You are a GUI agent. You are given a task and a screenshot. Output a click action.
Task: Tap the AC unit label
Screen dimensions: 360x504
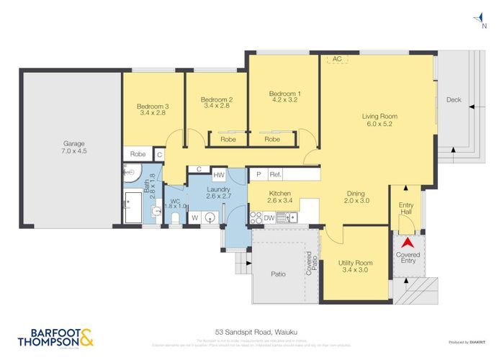pyautogui.click(x=336, y=59)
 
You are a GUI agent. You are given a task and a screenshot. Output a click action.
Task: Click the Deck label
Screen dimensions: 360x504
pyautogui.click(x=453, y=100)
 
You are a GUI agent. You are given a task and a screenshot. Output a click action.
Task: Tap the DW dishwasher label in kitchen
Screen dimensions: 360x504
pyautogui.click(x=269, y=217)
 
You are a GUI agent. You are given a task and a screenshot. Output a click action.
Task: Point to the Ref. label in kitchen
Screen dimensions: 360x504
pyautogui.click(x=275, y=174)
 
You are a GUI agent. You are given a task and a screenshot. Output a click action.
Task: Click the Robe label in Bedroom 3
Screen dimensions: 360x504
pyautogui.click(x=137, y=154)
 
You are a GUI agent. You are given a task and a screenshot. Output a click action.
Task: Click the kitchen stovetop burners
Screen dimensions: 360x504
pyautogui.click(x=256, y=217)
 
